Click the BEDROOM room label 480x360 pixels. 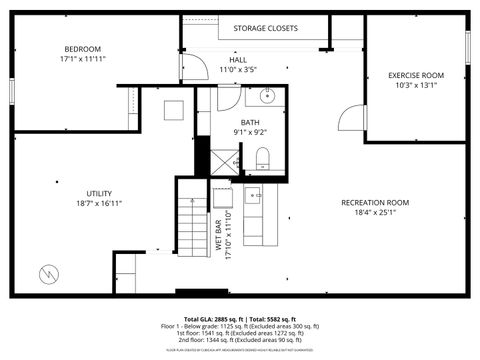(x=83, y=49)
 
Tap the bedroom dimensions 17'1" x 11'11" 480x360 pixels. (x=83, y=59)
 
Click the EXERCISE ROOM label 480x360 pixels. (x=416, y=75)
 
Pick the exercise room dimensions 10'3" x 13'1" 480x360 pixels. (x=416, y=85)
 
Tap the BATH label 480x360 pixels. (x=250, y=122)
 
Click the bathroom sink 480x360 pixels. (x=266, y=96)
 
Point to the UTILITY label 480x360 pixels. (x=99, y=193)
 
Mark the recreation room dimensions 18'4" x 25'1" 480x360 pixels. (x=375, y=212)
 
